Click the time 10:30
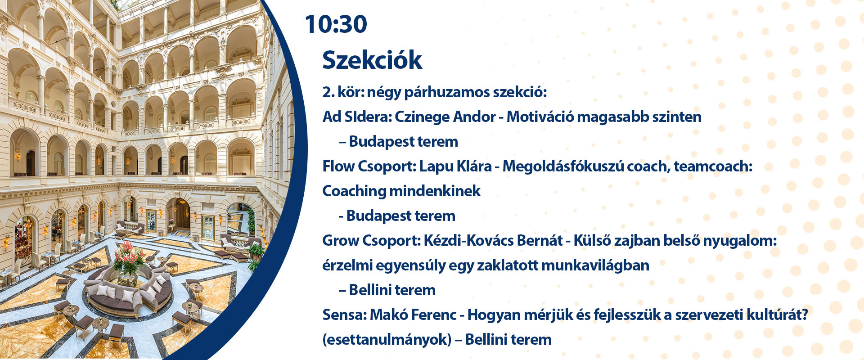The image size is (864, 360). [336, 24]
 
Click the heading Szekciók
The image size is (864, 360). [372, 60]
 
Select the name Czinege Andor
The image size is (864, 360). [445, 117]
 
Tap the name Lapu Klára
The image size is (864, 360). [455, 166]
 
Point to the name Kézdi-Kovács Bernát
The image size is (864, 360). [493, 241]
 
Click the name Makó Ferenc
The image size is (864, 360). [413, 315]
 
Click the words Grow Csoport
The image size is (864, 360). [371, 241]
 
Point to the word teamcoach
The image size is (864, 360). [713, 166]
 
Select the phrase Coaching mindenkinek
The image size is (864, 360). [401, 191]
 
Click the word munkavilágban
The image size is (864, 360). [595, 265]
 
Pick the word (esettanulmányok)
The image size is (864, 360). [387, 340]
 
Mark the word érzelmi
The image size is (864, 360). [346, 265]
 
